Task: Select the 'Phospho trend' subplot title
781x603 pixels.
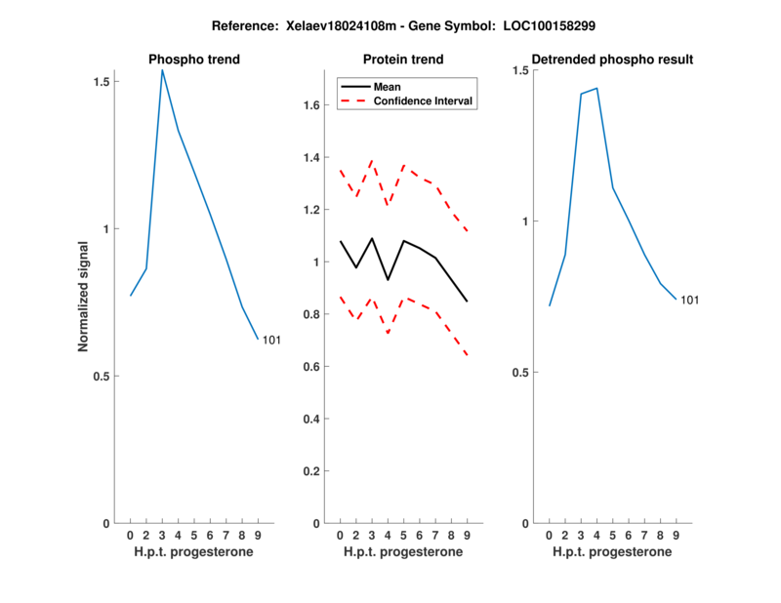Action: click(194, 60)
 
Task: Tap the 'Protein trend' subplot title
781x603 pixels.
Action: click(402, 60)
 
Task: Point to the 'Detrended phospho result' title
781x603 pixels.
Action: click(612, 60)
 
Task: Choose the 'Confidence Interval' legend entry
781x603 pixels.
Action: click(425, 100)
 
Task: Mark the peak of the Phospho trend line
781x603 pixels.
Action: click(162, 69)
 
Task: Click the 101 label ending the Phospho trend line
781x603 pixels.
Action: click(271, 340)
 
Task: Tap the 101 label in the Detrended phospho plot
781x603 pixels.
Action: click(689, 300)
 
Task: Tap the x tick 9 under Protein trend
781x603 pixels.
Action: click(467, 536)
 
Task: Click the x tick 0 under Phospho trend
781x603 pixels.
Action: click(130, 536)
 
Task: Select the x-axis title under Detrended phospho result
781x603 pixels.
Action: click(612, 551)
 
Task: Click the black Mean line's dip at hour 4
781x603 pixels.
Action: click(388, 280)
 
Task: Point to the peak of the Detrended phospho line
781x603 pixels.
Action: click(596, 88)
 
